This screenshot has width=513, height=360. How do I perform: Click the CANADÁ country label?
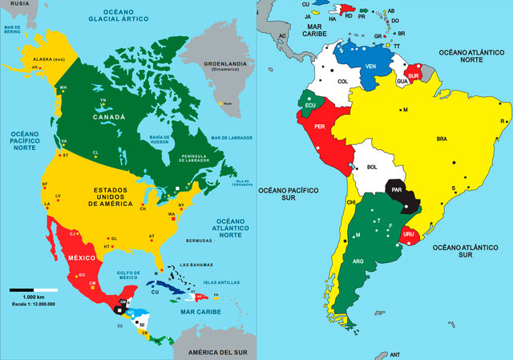[110, 117]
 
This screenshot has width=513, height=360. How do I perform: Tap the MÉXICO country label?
[80, 257]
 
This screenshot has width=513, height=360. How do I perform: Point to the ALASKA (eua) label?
[48, 60]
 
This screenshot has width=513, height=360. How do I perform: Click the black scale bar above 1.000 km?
[33, 289]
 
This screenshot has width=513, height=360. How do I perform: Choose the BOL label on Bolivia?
[372, 168]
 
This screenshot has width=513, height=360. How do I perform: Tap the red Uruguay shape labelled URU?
[409, 234]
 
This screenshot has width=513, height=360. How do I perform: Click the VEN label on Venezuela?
[370, 66]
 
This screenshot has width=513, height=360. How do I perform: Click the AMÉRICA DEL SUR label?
[216, 352]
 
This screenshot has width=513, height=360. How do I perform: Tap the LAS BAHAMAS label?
[196, 265]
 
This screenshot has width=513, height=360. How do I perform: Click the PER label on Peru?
[319, 127]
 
